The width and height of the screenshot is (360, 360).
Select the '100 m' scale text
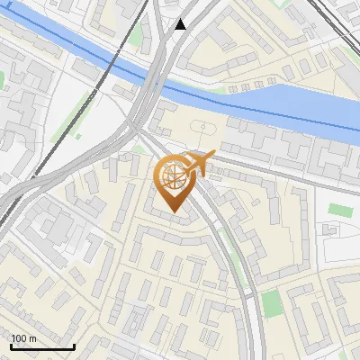(x=23, y=337)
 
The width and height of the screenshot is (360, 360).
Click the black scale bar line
(x=42, y=346)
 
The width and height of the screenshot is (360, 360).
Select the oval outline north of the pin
(x=204, y=127)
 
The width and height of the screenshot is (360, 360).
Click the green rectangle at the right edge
(x=339, y=210)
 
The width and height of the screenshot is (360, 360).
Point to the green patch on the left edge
(x=3, y=80)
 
